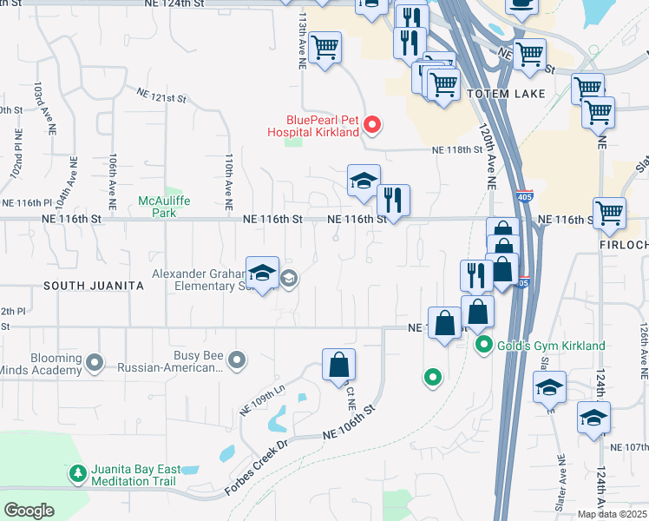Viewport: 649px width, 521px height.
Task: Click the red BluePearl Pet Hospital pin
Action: point(372,126)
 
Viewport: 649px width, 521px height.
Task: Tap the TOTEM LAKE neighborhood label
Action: point(506,94)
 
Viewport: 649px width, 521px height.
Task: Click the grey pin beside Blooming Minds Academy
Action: point(95,362)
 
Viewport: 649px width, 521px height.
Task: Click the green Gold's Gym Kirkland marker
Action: point(486,346)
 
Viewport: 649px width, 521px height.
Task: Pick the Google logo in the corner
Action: point(29,511)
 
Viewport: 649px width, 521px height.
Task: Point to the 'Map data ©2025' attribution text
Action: point(613,514)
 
